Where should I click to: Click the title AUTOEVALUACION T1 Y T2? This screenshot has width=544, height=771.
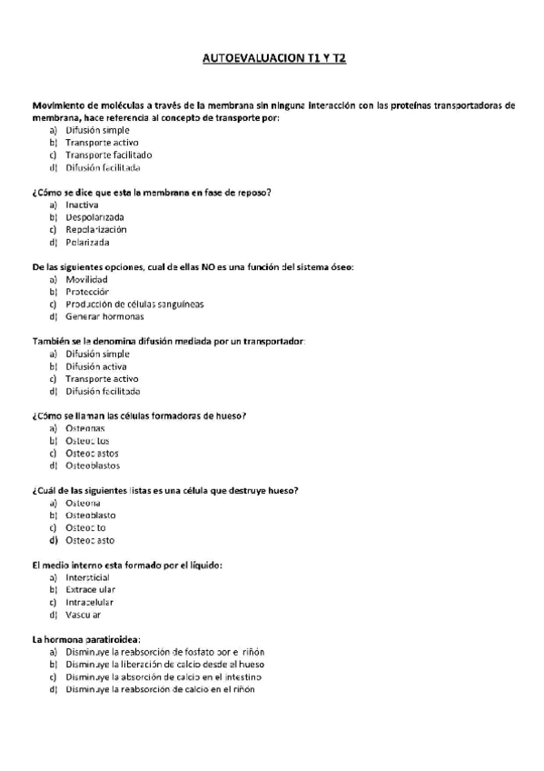272,58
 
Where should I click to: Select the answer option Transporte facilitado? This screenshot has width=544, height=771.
102,155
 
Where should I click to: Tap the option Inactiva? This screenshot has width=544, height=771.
82,205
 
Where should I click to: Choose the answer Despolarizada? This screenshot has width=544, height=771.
94,217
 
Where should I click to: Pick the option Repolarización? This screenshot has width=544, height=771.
95,230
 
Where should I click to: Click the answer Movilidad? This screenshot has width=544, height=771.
86,279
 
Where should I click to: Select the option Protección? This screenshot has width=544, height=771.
87,292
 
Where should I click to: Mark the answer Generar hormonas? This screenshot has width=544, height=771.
104,316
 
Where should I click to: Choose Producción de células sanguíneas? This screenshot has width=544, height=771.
134,304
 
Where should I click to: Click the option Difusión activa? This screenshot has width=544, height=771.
95,366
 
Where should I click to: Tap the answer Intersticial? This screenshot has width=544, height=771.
87,577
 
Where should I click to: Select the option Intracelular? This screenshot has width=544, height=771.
89,602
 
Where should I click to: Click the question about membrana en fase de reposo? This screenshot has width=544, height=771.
152,193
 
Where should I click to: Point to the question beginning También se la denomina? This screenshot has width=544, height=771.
168,341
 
